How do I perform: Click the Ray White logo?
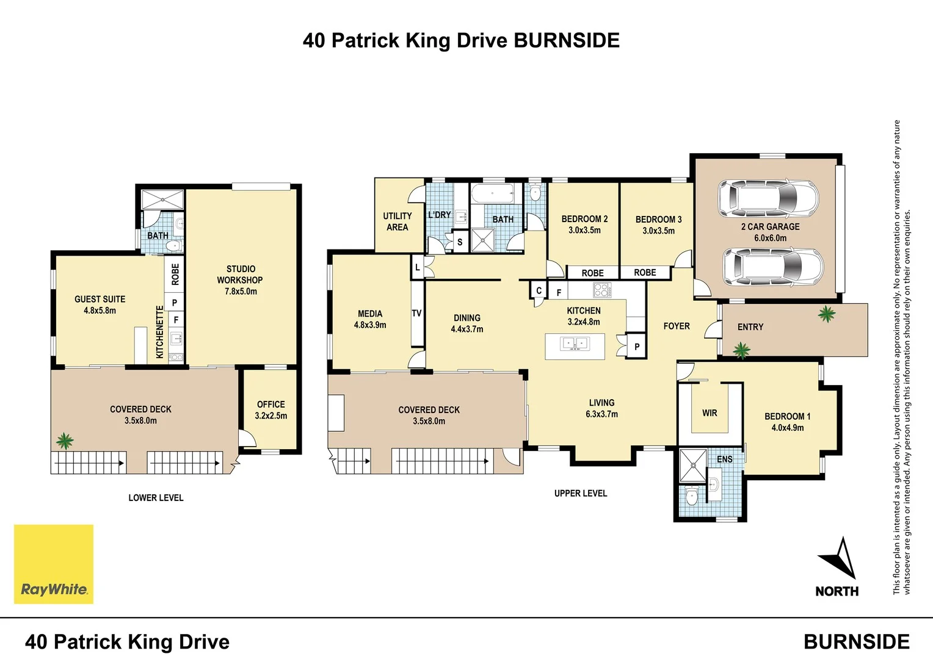click(54, 564)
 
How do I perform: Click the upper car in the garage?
click(768, 196)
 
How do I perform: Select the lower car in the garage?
click(772, 267)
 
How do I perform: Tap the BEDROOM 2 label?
click(584, 219)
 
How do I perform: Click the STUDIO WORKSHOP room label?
click(240, 275)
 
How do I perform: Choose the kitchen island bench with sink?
click(575, 346)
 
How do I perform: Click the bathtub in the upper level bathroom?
click(493, 195)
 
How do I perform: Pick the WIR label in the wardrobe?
click(710, 413)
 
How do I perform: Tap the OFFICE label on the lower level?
click(271, 405)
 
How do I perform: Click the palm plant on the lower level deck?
click(64, 441)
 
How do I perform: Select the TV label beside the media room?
click(416, 314)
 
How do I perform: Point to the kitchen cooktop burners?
click(601, 290)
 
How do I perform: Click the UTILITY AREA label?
click(397, 221)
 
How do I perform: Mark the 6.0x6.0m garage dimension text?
click(770, 238)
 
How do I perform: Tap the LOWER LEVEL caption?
click(156, 498)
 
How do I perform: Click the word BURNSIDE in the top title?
click(566, 40)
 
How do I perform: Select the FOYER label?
click(677, 326)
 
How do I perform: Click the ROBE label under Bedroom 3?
click(645, 273)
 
